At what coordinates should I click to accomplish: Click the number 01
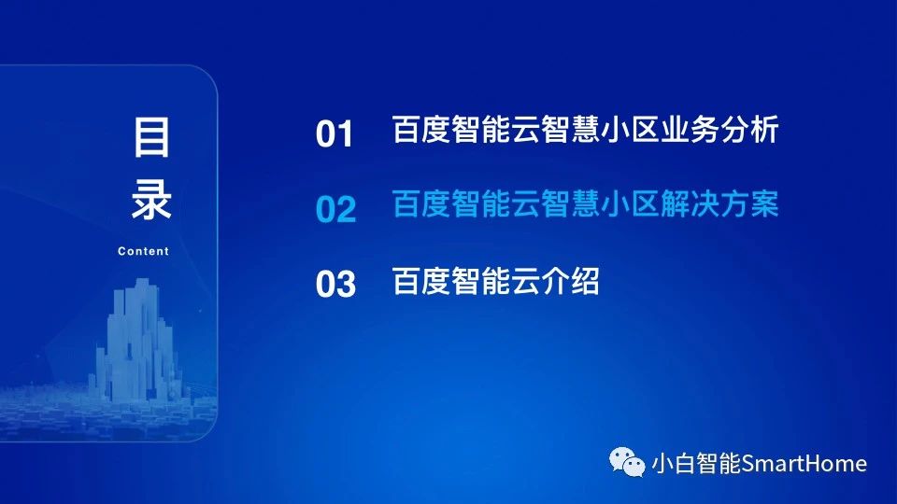[x=335, y=134]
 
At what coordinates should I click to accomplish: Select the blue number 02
[x=335, y=209]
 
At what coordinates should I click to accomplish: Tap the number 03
[x=335, y=284]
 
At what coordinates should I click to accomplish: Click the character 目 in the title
[x=151, y=137]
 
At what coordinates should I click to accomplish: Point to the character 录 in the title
[x=151, y=199]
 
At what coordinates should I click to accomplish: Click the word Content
[x=143, y=251]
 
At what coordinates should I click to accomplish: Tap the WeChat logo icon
[x=627, y=462]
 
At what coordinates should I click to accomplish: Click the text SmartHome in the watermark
[x=804, y=464]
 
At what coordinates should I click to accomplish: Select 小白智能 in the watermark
[x=696, y=464]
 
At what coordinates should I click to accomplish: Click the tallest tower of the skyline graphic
[x=141, y=337]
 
